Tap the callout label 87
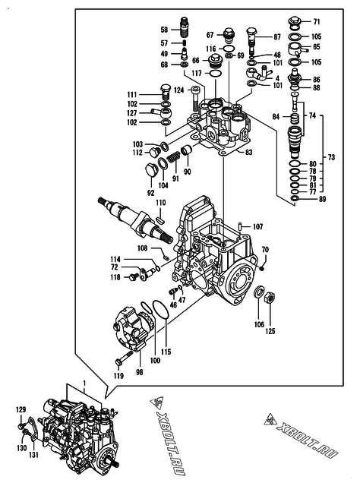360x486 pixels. (276, 36)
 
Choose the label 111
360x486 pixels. (132, 93)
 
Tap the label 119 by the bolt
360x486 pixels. (118, 374)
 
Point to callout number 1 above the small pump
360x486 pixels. (85, 386)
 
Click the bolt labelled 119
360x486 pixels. (122, 360)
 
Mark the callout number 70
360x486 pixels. (265, 250)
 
